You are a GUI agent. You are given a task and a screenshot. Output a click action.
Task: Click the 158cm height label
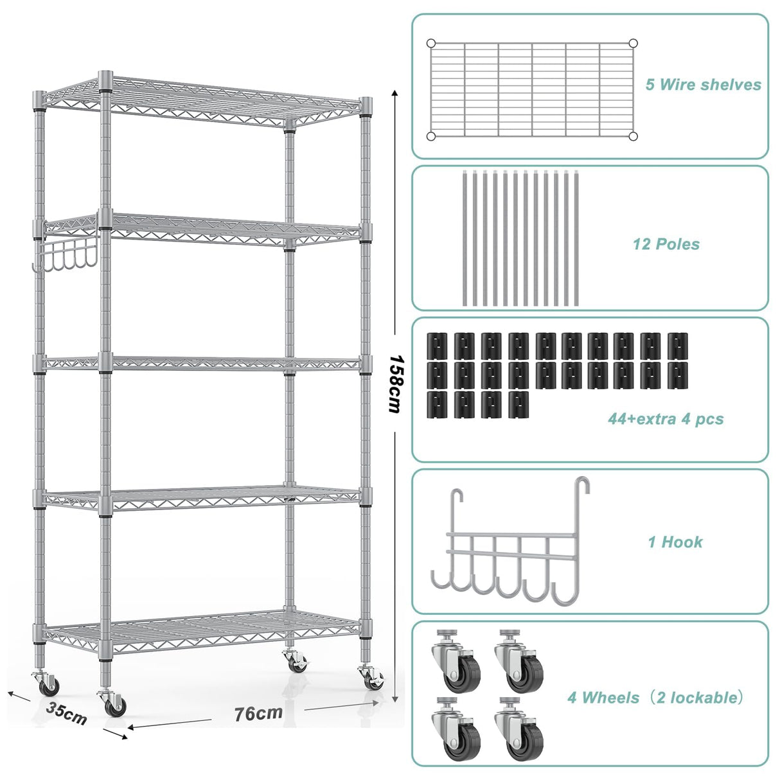tap(395, 384)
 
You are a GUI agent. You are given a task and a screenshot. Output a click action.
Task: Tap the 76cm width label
tap(258, 713)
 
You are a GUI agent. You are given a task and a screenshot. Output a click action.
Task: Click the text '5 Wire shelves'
tap(703, 85)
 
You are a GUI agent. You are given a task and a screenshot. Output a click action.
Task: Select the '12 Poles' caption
tap(666, 244)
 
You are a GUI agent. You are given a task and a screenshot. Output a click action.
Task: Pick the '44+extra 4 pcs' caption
tap(666, 420)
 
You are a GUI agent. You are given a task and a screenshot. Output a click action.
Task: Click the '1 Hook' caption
tap(675, 542)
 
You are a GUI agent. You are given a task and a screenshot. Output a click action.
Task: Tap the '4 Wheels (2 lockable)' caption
tap(655, 698)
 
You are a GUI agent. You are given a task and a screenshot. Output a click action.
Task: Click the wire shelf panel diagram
tap(531, 90)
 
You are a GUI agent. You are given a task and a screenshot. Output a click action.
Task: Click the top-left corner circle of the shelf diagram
tap(431, 44)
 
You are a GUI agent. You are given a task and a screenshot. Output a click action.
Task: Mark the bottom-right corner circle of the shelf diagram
tap(633, 136)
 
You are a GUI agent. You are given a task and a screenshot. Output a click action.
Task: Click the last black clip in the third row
tap(519, 405)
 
